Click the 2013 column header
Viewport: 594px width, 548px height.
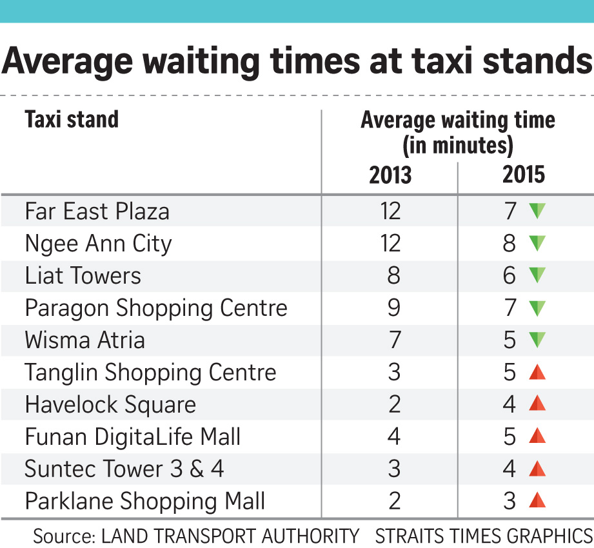(390, 175)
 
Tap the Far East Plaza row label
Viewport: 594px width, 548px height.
(97, 211)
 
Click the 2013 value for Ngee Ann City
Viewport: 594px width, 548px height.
(390, 243)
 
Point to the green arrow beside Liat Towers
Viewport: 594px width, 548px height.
(537, 275)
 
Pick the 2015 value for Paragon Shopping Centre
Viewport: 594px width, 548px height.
(511, 308)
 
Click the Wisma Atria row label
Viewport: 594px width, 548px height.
(84, 340)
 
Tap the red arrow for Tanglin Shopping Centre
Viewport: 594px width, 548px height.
(537, 372)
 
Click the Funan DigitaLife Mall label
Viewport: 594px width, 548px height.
(133, 436)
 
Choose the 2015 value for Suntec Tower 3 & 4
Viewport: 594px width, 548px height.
(510, 469)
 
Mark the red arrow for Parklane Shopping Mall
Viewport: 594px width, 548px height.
(537, 501)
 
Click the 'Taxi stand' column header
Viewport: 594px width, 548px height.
(72, 120)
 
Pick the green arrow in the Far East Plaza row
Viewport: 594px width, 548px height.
(537, 211)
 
